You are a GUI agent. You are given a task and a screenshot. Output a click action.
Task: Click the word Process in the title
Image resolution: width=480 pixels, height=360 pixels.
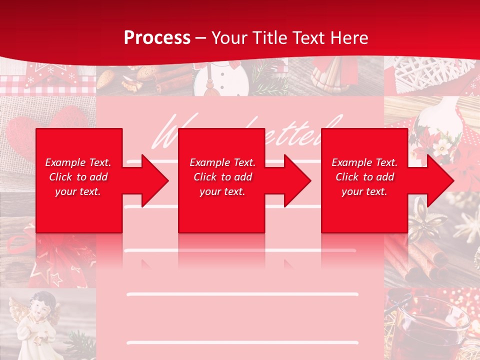point(157,37)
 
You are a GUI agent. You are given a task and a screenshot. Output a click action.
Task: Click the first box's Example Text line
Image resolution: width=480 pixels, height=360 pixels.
point(78,162)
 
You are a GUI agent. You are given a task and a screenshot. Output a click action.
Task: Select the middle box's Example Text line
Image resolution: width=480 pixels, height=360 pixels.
point(222,162)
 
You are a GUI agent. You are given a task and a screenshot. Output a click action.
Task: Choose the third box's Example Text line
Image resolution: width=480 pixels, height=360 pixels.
point(364,162)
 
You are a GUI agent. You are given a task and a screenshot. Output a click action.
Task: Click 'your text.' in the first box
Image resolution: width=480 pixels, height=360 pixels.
point(78,191)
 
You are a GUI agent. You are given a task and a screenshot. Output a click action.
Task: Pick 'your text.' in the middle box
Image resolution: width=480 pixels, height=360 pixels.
point(222,191)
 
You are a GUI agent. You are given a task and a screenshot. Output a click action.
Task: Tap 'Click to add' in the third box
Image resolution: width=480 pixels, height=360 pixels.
point(364,177)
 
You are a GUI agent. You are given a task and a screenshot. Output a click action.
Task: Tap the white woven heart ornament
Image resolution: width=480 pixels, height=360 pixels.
point(420,70)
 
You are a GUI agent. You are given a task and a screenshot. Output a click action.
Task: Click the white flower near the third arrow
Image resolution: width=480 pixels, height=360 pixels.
point(442,146)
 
